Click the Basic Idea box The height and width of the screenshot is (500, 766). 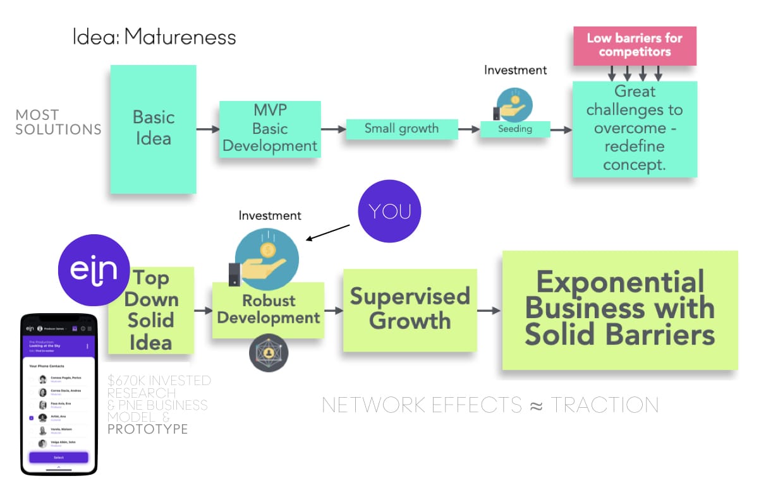pyautogui.click(x=153, y=128)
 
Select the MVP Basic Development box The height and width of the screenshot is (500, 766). pyautogui.click(x=270, y=129)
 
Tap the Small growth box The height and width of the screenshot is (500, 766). pyautogui.click(x=401, y=129)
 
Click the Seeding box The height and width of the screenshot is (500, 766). pyautogui.click(x=514, y=129)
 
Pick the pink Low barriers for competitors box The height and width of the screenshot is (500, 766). pyautogui.click(x=635, y=45)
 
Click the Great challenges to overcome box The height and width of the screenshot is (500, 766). pyautogui.click(x=635, y=129)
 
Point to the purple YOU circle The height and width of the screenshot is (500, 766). pyautogui.click(x=389, y=211)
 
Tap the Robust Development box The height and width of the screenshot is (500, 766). pyautogui.click(x=268, y=309)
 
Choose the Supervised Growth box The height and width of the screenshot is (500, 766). pyautogui.click(x=410, y=309)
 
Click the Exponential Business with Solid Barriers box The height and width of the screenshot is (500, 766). pyautogui.click(x=619, y=309)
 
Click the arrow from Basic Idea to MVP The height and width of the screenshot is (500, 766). pyautogui.click(x=207, y=129)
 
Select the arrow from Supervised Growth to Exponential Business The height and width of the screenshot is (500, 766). pyautogui.click(x=489, y=311)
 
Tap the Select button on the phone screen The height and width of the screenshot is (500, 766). pyautogui.click(x=58, y=457)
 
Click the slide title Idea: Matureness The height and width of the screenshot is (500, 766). pyautogui.click(x=154, y=37)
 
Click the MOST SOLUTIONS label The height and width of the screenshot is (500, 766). pyautogui.click(x=58, y=122)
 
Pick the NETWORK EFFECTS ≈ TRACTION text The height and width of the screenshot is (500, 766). pyautogui.click(x=490, y=405)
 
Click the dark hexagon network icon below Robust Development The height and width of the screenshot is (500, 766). pyautogui.click(x=269, y=353)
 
